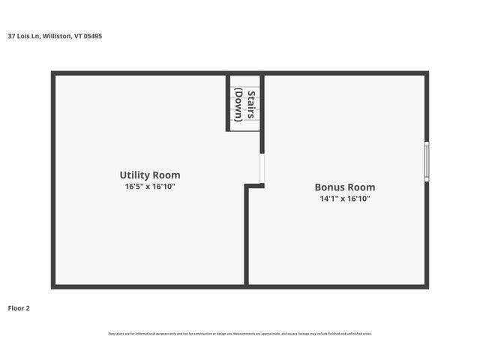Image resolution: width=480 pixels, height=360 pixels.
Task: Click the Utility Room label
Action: click(x=150, y=175)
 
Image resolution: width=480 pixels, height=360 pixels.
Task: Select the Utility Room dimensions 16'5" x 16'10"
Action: click(x=150, y=186)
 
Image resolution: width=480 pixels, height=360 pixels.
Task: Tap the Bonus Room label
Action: click(x=344, y=187)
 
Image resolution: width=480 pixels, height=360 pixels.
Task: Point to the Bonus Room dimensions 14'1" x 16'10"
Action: click(x=344, y=199)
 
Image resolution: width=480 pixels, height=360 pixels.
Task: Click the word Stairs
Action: click(x=251, y=106)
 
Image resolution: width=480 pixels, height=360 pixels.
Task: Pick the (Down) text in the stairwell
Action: click(x=238, y=106)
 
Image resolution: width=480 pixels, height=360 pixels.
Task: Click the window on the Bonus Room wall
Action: click(x=427, y=161)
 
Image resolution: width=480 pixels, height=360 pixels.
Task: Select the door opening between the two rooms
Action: click(x=262, y=169)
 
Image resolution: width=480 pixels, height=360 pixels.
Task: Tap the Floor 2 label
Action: click(x=19, y=307)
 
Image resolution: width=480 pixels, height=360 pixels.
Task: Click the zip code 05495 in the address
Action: click(x=93, y=35)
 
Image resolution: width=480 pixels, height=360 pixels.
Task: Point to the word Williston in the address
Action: click(x=58, y=35)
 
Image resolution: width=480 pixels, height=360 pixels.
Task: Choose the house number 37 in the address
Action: click(x=11, y=35)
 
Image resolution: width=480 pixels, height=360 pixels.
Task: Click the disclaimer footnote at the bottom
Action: click(x=240, y=334)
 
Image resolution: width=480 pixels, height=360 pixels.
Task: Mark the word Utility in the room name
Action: click(x=134, y=175)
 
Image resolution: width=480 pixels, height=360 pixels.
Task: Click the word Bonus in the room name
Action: click(x=328, y=187)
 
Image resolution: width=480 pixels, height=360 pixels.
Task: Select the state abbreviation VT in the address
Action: click(x=78, y=35)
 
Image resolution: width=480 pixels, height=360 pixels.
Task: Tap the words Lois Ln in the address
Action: click(x=28, y=35)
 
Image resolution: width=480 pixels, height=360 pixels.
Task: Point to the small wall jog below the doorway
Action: click(x=254, y=186)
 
